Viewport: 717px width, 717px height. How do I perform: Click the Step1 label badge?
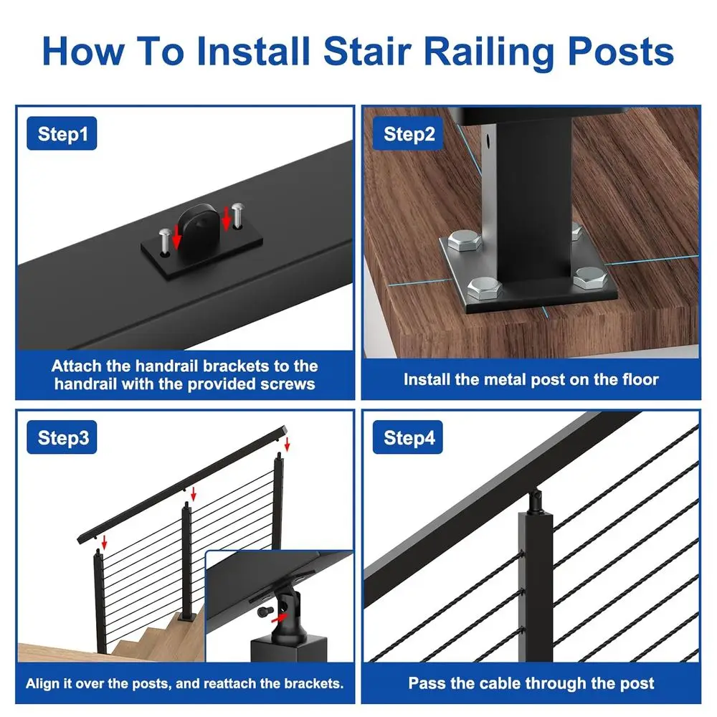point(62,135)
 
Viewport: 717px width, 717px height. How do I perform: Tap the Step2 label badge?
point(409,134)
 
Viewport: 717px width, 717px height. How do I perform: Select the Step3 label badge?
point(63,438)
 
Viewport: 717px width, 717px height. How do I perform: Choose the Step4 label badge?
point(409,438)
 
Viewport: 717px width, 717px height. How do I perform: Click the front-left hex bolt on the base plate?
point(482,288)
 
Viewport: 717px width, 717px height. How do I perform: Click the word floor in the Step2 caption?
point(636,379)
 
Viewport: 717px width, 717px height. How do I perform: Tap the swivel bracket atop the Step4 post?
point(536,499)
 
